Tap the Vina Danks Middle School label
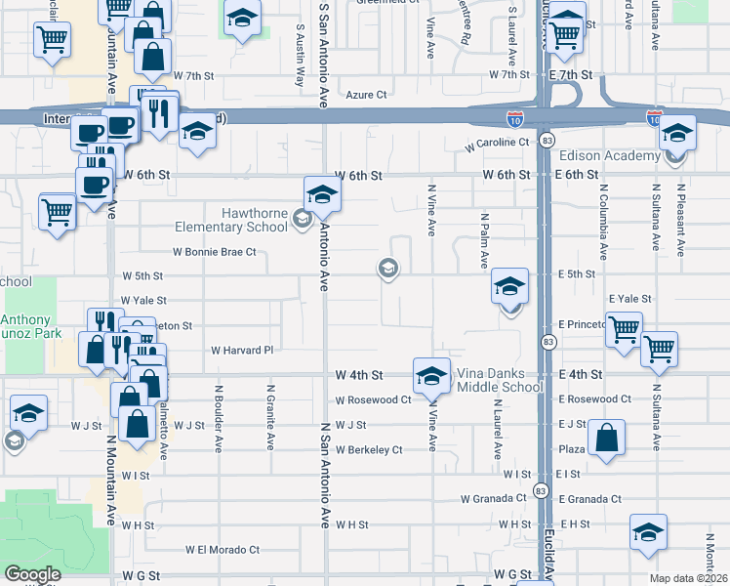coord(501,381)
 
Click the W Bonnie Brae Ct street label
coord(214,252)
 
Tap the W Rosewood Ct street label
coord(373,399)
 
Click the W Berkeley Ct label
coord(369,450)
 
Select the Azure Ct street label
coord(367,96)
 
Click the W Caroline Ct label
coord(497,142)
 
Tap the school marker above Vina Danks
coord(431,374)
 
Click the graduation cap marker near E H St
coord(648,532)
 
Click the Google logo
coord(32,574)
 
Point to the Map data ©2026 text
coord(687,578)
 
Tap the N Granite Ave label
coord(269,415)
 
